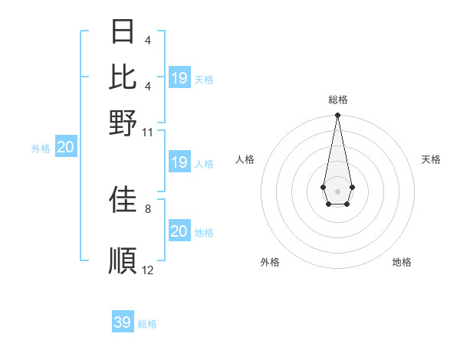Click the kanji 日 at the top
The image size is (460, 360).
coord(123,32)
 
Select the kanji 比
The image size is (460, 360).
coord(123,77)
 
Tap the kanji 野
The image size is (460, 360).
coord(123,123)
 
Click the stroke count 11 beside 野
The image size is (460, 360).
coord(148,132)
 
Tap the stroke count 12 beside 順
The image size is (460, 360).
coord(148,270)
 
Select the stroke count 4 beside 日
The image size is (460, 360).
coord(148,40)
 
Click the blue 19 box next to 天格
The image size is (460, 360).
coord(179,78)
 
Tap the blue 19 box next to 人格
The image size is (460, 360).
coord(179,162)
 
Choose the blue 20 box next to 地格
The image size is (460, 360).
coord(179,231)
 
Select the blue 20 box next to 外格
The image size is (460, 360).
coord(66,148)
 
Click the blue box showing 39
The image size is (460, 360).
coord(123,322)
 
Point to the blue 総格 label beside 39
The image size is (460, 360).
coord(147,324)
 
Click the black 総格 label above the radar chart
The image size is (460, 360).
coord(337,100)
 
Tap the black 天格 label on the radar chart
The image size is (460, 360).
coord(431,159)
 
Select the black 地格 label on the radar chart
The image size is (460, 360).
coord(402,262)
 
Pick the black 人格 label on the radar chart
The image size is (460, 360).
coord(245,159)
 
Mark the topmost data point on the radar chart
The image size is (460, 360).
coord(337,116)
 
